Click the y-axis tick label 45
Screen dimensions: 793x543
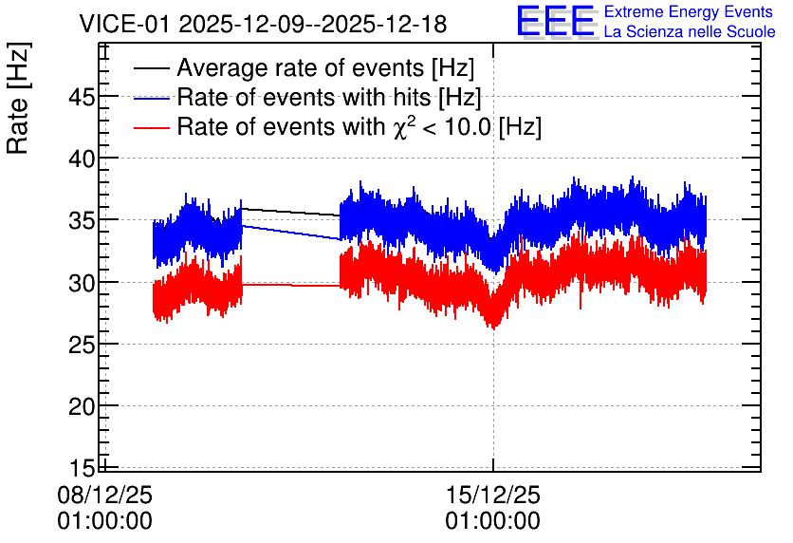click(x=82, y=97)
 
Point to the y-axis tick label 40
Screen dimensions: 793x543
click(x=82, y=159)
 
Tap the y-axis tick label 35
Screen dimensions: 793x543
click(x=82, y=221)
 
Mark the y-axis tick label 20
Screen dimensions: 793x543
click(x=82, y=407)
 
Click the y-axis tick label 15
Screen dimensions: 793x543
click(x=82, y=468)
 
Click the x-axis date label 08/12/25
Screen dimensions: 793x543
click(x=104, y=495)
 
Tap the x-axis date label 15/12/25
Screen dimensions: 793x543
click(x=493, y=495)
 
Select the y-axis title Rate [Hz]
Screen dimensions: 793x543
click(x=18, y=99)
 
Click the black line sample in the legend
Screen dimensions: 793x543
click(x=152, y=67)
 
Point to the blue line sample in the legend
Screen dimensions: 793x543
click(x=152, y=98)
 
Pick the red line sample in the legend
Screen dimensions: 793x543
click(x=152, y=127)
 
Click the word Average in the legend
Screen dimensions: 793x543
click(x=214, y=67)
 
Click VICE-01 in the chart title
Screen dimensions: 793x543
click(x=124, y=24)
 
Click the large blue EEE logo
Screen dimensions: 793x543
click(x=556, y=21)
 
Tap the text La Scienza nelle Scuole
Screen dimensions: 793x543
click(x=690, y=31)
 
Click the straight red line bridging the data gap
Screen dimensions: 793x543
click(x=291, y=286)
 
